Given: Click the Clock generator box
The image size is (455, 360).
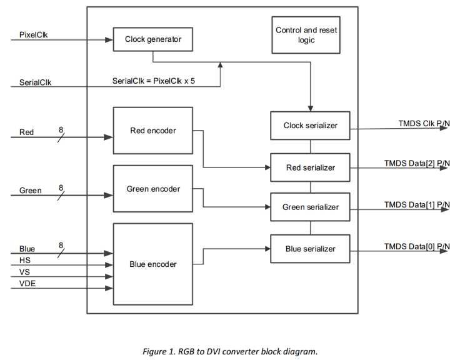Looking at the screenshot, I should (x=153, y=39).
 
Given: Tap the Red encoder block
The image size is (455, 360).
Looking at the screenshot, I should (x=153, y=131).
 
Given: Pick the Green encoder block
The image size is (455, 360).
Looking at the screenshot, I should (x=153, y=189).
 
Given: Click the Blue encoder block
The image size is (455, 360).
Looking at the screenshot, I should (x=153, y=264).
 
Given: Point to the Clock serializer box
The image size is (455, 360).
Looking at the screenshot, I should (x=310, y=126).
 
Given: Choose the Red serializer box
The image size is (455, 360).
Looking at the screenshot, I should (x=310, y=167).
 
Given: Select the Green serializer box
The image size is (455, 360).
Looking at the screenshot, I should (x=310, y=207).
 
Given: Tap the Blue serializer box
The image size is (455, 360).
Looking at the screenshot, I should (x=310, y=249).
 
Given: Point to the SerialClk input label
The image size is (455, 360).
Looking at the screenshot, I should (x=35, y=82).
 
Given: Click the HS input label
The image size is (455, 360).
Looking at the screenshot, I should (x=24, y=259).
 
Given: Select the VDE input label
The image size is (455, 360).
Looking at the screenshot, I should (x=27, y=284).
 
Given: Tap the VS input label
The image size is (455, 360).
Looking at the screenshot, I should (x=24, y=272).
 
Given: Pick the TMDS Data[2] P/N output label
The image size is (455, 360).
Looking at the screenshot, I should (x=416, y=163).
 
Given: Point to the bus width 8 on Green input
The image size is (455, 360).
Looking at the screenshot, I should (x=61, y=187).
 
